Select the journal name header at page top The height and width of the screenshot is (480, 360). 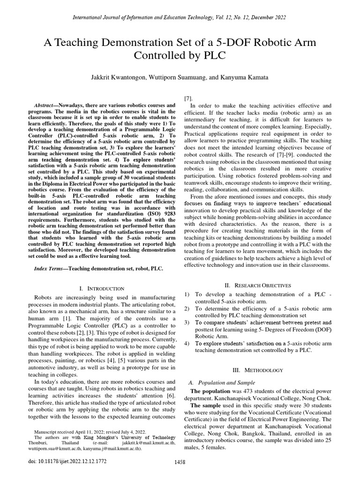coord(180,17)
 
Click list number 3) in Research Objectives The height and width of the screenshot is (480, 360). coord(187,323)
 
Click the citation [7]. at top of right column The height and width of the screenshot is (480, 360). coord(188,98)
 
